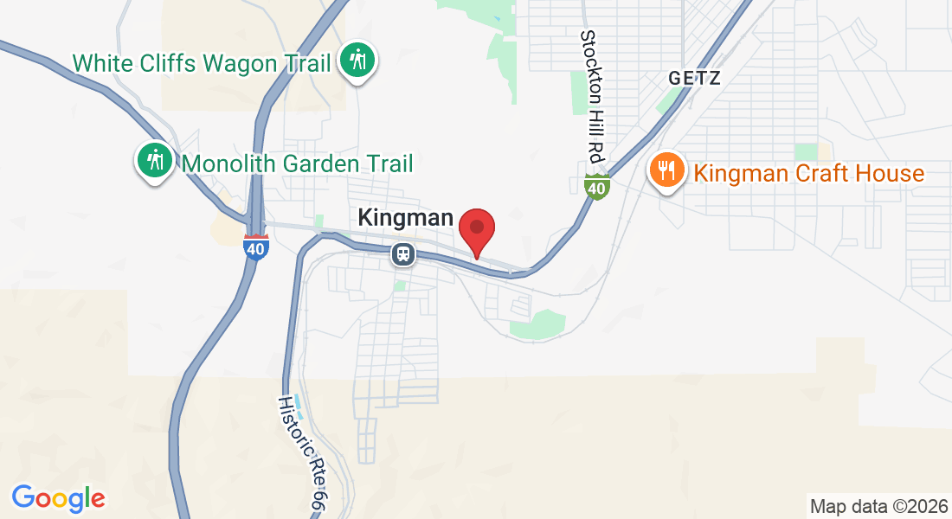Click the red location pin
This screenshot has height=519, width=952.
pyautogui.click(x=476, y=229)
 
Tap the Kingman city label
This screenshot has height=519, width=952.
pyautogui.click(x=406, y=218)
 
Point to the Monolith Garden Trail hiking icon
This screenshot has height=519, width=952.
pyautogui.click(x=155, y=162)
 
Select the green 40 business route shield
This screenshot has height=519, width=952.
pyautogui.click(x=596, y=185)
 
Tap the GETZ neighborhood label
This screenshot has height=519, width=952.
pyautogui.click(x=694, y=78)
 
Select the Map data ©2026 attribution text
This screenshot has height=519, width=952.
pyautogui.click(x=876, y=506)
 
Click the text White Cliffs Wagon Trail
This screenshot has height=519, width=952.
pyautogui.click(x=202, y=63)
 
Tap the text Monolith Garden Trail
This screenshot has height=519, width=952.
pyautogui.click(x=297, y=163)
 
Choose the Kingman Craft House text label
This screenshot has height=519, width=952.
pyautogui.click(x=809, y=173)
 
